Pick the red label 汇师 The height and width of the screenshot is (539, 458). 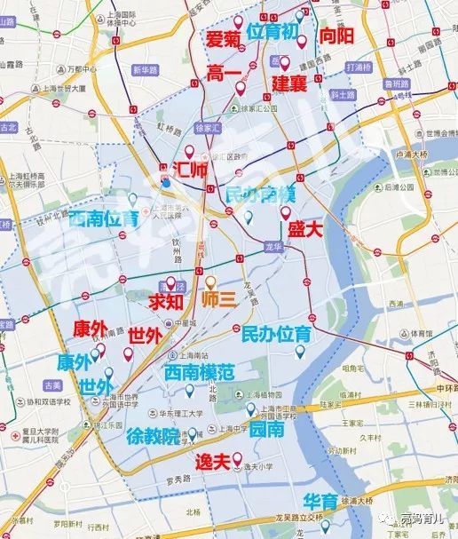click(193, 169)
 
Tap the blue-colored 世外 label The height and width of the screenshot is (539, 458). click(95, 387)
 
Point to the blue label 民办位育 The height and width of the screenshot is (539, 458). click(276, 335)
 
